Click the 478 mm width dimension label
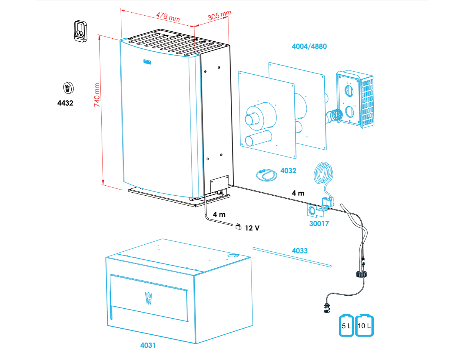tap(168, 16)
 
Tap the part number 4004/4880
tap(309, 47)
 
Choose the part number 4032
tap(288, 170)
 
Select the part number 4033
tap(300, 251)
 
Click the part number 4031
tap(148, 345)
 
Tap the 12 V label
tap(252, 228)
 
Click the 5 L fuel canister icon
tap(346, 326)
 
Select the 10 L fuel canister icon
tap(365, 326)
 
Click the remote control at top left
tap(80, 31)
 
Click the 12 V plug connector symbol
tap(238, 227)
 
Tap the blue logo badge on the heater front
tap(148, 61)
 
